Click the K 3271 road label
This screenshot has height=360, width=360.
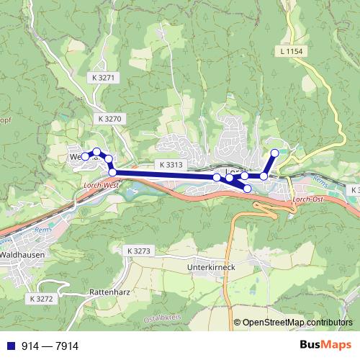104,77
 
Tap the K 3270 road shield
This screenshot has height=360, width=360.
108,118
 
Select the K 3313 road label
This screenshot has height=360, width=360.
170,165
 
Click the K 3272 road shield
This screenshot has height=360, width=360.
42,297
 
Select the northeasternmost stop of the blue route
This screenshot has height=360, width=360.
274,153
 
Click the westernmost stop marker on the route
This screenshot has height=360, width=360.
85,156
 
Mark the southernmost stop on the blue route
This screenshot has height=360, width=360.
248,189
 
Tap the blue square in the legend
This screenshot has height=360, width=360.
7,346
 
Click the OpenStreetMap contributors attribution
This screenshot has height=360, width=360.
297,323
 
